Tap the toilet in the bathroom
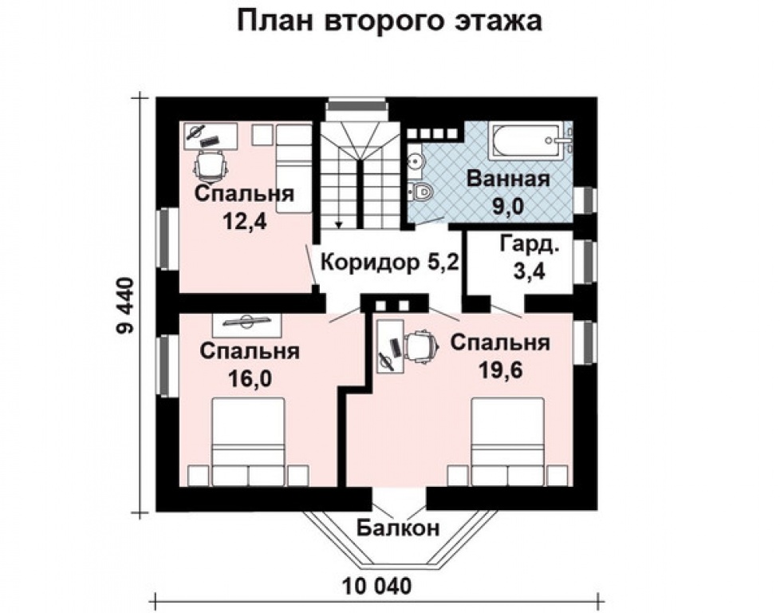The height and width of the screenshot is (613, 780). point(421,192)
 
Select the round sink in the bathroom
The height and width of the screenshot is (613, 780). point(415,161)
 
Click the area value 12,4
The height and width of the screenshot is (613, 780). point(244,220)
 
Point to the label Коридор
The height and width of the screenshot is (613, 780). point(371,262)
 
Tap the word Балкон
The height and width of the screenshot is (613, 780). point(398,528)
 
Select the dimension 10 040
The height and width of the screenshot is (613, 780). point(377,586)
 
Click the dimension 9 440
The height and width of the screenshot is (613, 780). point(125,305)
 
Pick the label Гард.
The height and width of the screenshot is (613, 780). point(530,244)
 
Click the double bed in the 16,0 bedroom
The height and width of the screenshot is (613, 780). point(249,441)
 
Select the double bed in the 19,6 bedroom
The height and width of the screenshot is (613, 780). point(508,441)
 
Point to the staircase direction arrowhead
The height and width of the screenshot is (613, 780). point(339,224)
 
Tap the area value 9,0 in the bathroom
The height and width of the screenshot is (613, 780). point(508,206)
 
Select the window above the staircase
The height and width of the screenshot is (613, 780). point(357,105)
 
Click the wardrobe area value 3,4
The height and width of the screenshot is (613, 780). point(530,271)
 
